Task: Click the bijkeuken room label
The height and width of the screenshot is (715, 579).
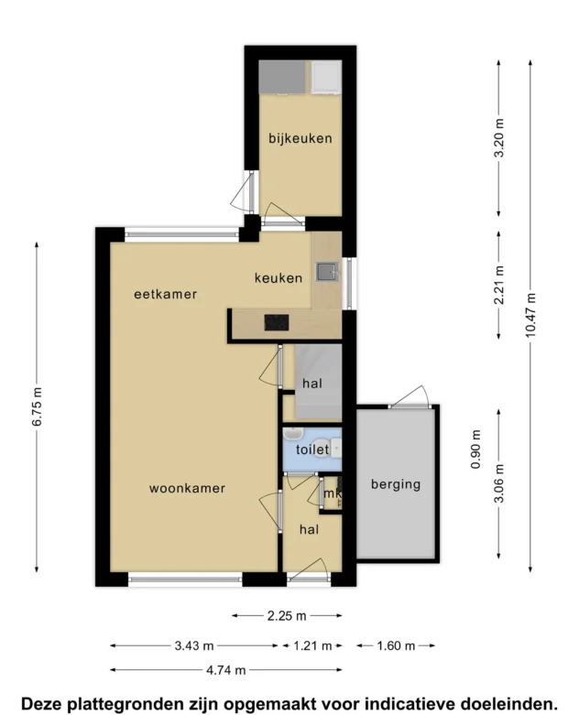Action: tap(300, 138)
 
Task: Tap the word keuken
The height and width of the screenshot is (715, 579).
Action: tap(279, 277)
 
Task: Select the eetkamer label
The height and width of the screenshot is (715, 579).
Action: tap(166, 294)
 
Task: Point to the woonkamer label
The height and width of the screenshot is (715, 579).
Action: tap(187, 488)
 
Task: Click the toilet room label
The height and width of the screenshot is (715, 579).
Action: tap(312, 450)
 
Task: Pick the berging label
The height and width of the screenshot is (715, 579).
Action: tap(396, 484)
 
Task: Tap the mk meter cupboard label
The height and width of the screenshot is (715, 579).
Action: tap(333, 493)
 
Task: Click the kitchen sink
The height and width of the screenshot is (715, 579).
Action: tap(328, 272)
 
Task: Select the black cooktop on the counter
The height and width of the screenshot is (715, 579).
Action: tap(277, 323)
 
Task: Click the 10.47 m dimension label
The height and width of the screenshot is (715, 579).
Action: tap(530, 315)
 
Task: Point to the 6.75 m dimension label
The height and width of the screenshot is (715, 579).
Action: tap(37, 406)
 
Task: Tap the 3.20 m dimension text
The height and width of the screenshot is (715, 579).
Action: tap(499, 137)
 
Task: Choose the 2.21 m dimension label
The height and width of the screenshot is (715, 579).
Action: tap(499, 285)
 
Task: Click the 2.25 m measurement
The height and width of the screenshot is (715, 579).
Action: tap(287, 616)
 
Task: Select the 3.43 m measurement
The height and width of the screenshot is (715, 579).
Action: tap(194, 645)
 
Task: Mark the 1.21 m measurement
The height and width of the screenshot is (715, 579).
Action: tap(312, 645)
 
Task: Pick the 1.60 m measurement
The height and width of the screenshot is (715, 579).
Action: tap(396, 645)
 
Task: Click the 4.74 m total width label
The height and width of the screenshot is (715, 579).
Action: tap(226, 670)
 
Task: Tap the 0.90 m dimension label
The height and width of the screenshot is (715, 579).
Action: tap(475, 450)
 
